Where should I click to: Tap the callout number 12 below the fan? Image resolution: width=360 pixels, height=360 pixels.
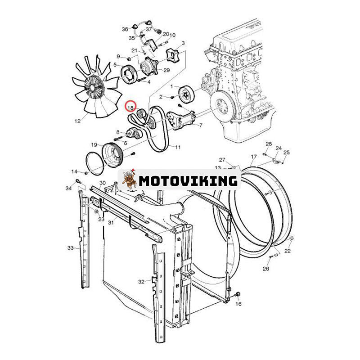tap(77, 121)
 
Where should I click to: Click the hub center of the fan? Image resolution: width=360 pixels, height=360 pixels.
tap(93, 87)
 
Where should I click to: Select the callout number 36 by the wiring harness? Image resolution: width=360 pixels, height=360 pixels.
tap(125, 29)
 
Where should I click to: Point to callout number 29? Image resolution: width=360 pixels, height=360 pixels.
tap(166, 70)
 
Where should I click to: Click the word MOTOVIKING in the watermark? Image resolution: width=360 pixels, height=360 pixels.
tap(188, 181)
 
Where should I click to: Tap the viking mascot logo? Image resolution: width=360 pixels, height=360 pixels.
tap(130, 179)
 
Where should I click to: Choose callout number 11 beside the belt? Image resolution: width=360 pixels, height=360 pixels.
tap(178, 147)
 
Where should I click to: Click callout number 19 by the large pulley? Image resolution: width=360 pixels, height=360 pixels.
tap(94, 145)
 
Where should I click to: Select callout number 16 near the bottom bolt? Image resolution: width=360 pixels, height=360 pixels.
tap(238, 304)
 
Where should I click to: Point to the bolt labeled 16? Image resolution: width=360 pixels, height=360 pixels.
tap(238, 294)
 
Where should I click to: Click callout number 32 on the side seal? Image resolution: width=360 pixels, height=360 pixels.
tap(141, 282)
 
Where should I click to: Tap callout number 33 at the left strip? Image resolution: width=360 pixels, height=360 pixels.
tap(71, 248)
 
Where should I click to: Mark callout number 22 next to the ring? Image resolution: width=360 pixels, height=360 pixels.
tap(288, 251)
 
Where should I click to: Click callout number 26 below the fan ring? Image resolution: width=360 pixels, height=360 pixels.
tap(266, 268)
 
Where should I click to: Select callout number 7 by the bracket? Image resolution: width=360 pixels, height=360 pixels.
tap(201, 126)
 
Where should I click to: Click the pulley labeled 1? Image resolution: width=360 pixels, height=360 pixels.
tap(187, 94)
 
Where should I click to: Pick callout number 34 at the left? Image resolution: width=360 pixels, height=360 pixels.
tap(69, 188)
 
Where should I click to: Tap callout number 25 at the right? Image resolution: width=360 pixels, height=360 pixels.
tap(287, 152)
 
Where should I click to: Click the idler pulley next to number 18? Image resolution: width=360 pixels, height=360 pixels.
tap(140, 113)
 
